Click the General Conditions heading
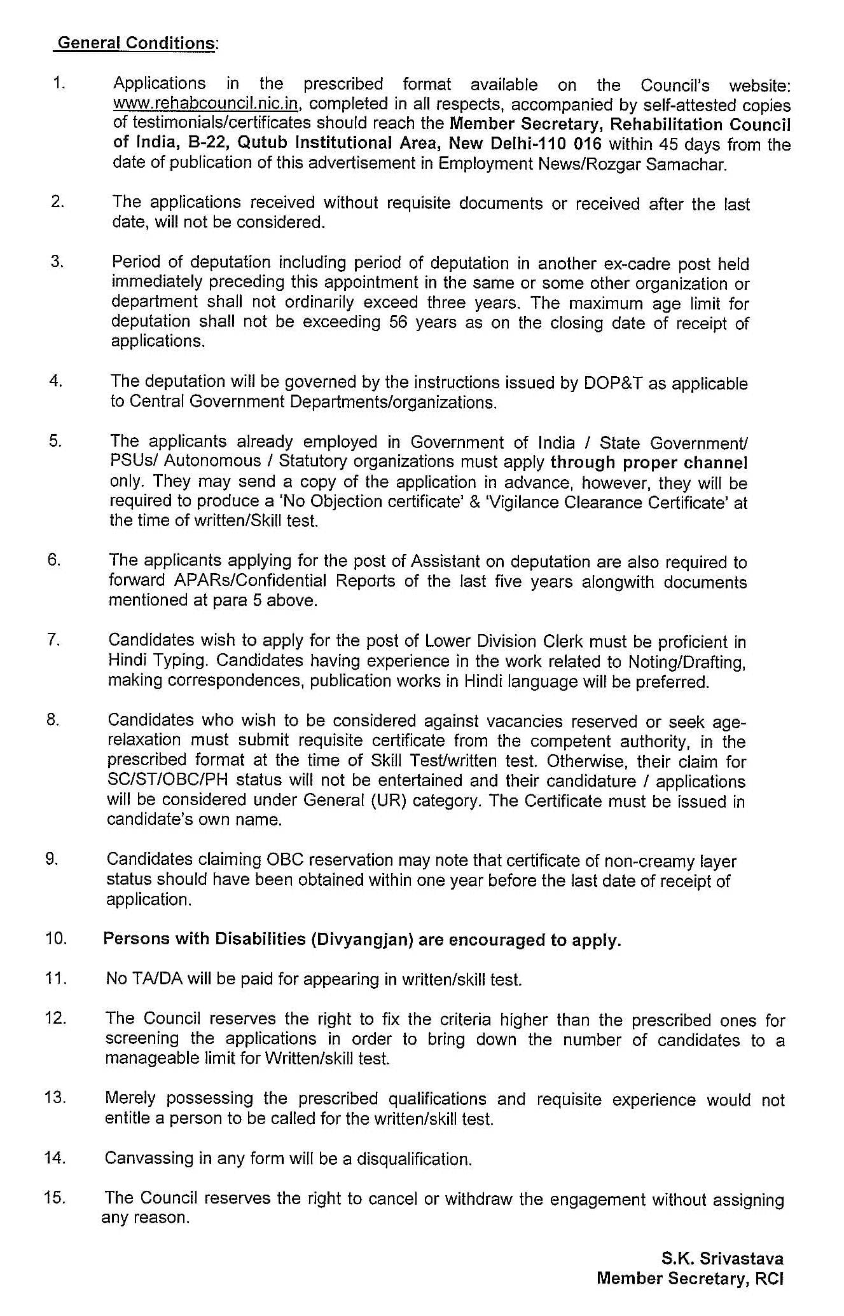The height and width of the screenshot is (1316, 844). pos(136,43)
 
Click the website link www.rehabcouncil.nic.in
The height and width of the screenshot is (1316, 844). pos(206,103)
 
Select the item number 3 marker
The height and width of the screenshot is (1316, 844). pos(57,261)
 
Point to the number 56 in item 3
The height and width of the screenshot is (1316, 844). pos(398,322)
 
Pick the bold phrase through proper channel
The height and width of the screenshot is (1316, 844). pos(649,462)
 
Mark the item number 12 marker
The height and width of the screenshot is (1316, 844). pos(55,1018)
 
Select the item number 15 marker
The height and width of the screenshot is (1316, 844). pos(55,1198)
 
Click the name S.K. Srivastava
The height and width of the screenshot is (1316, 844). pos(722,1259)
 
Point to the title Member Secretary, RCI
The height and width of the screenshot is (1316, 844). pos(690,1279)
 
